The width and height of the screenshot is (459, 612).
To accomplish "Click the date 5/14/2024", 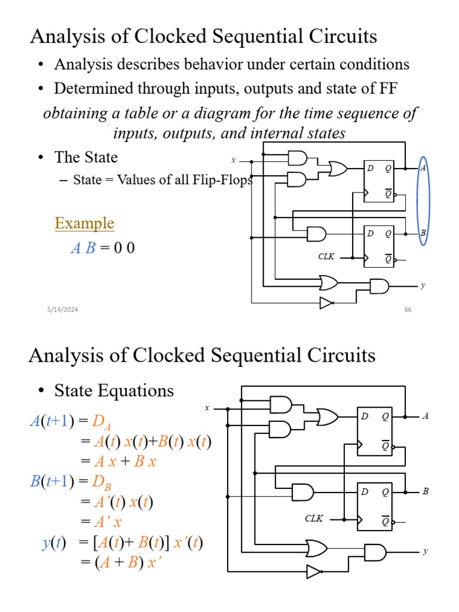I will (63, 309).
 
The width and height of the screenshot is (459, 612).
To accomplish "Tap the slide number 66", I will (409, 309).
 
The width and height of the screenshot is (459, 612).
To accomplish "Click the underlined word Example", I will (84, 224).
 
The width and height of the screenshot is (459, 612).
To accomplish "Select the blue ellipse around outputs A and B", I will (423, 201).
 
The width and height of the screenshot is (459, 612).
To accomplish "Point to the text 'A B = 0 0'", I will (102, 247).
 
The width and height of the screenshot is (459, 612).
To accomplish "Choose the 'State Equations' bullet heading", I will (114, 391).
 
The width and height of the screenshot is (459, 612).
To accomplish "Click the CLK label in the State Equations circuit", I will (314, 519).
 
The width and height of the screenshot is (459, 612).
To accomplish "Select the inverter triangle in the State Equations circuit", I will (313, 572).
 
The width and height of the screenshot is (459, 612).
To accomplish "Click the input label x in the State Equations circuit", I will (207, 408).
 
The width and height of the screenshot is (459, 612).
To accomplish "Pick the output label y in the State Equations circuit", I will (425, 551).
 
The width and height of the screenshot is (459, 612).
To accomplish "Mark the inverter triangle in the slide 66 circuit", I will (326, 303).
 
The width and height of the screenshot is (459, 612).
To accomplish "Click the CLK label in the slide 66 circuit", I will (326, 256).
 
